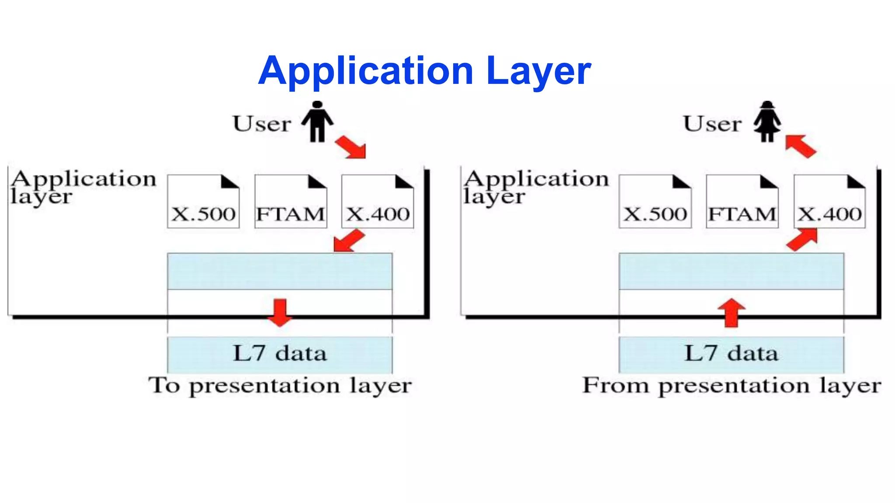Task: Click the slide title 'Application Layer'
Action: pyautogui.click(x=424, y=71)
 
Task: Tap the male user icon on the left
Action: pyautogui.click(x=317, y=122)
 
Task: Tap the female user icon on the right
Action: pyautogui.click(x=767, y=122)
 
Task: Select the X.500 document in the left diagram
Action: pyautogui.click(x=203, y=202)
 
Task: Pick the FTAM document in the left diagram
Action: pyautogui.click(x=291, y=202)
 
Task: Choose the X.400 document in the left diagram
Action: pyautogui.click(x=378, y=202)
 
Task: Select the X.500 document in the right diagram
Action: pyautogui.click(x=655, y=202)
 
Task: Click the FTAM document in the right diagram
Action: pyautogui.click(x=742, y=202)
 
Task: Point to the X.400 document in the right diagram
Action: pyautogui.click(x=829, y=202)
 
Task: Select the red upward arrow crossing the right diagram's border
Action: pyautogui.click(x=731, y=313)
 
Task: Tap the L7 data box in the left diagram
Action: pyautogui.click(x=280, y=354)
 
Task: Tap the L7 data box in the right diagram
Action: pyautogui.click(x=731, y=354)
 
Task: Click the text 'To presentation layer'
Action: pyautogui.click(x=280, y=386)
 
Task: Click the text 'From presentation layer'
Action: pyautogui.click(x=732, y=386)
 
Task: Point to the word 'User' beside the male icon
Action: pyautogui.click(x=262, y=124)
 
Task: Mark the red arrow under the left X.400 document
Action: pyautogui.click(x=348, y=241)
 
